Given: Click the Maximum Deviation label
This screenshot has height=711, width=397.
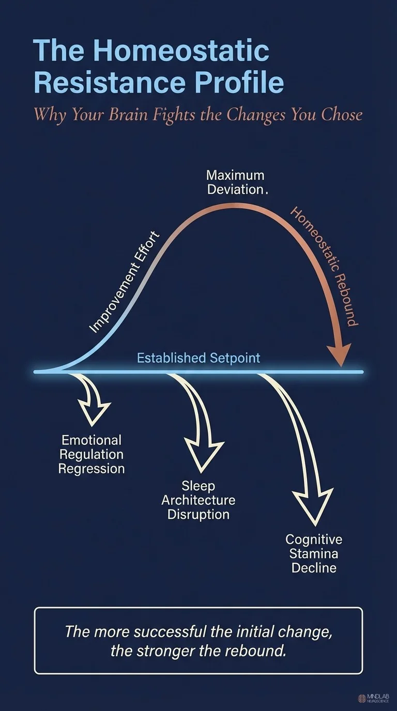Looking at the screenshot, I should click(236, 182).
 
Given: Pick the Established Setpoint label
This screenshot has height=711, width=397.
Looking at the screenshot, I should click(198, 358).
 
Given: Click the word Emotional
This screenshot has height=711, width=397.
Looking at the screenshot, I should click(91, 440).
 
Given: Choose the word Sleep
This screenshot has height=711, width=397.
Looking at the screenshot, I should click(198, 486).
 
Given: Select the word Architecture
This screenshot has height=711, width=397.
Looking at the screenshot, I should click(198, 500).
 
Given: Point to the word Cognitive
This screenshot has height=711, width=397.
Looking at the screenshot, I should click(314, 539).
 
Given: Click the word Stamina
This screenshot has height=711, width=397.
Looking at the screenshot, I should click(314, 554).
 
